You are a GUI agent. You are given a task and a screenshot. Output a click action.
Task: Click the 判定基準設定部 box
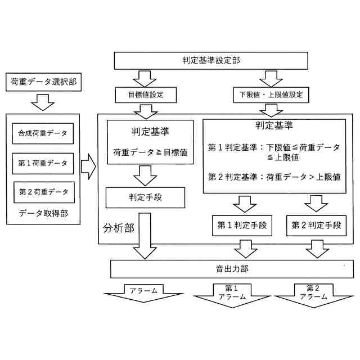tap(211, 60)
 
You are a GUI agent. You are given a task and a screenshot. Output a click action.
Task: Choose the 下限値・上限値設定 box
tap(271, 95)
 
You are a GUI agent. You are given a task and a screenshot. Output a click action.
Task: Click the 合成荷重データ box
tap(43, 133)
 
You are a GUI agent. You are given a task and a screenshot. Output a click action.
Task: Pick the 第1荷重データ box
tap(43, 163)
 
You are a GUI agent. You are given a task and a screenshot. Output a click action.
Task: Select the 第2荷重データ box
tap(43, 192)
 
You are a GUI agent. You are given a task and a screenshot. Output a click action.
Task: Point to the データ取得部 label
tap(43, 215)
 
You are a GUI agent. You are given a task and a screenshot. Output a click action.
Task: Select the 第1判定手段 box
tap(242, 226)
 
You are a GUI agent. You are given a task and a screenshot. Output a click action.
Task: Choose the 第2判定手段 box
tap(316, 226)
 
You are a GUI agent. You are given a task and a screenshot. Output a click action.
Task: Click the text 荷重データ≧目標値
tap(150, 152)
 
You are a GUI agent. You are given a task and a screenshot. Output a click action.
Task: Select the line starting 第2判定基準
tap(274, 177)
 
